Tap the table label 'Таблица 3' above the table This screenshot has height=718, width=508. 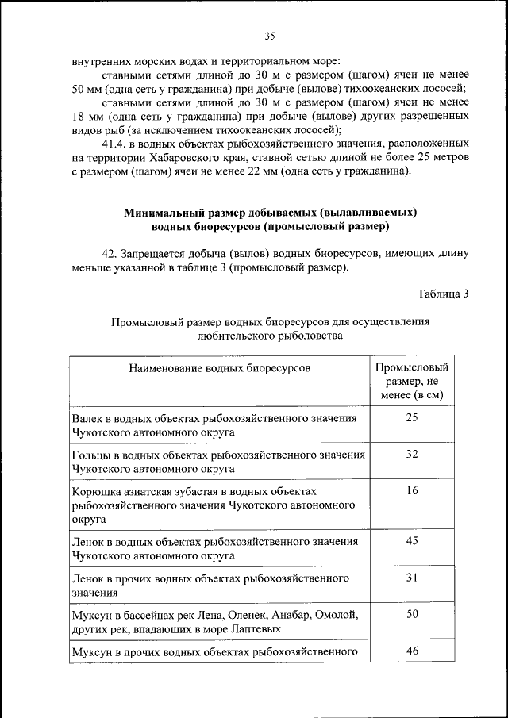click(443, 294)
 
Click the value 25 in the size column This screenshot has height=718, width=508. click(412, 417)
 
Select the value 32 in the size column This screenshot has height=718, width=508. click(412, 454)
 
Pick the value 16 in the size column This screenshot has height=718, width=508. click(412, 490)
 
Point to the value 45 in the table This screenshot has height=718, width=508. click(412, 540)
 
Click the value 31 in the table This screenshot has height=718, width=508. click(412, 577)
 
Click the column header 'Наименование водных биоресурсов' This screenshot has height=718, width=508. click(220, 368)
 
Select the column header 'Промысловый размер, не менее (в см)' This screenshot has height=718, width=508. click(412, 381)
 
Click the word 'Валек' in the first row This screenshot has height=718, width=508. click(88, 418)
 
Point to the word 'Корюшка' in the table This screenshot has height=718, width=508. click(96, 491)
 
